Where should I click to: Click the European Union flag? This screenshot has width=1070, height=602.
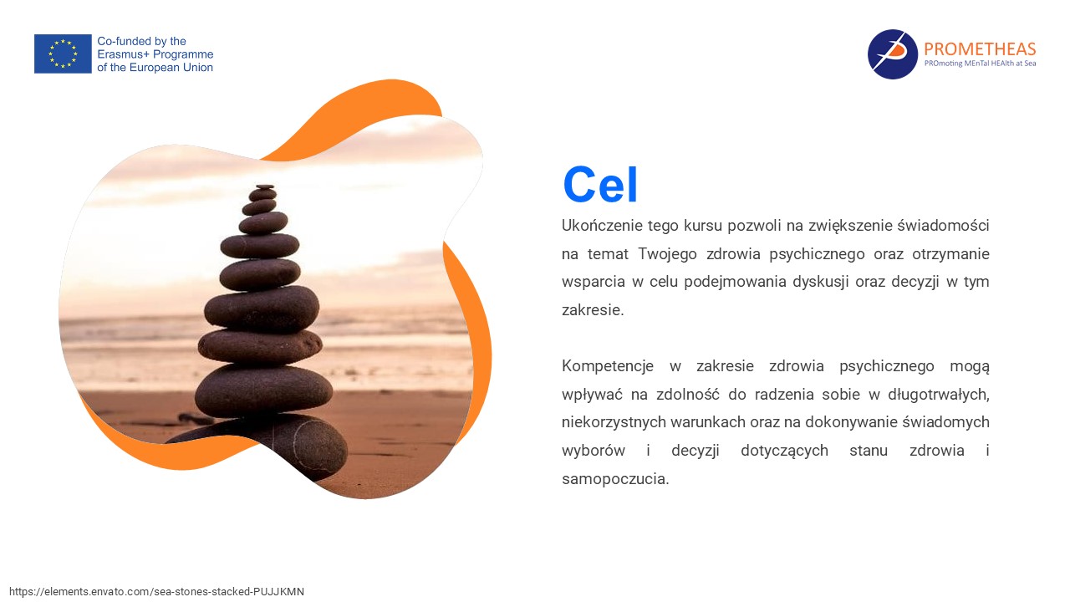[63, 54]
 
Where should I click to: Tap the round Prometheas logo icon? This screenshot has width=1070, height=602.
[892, 54]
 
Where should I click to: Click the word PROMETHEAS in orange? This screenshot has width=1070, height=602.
[980, 48]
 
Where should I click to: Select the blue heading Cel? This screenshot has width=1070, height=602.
[600, 185]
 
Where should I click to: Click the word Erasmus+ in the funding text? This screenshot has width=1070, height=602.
[124, 54]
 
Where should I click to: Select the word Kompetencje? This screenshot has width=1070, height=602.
[608, 366]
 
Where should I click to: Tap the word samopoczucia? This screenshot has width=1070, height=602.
[615, 479]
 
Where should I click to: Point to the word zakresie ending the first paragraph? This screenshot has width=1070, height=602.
[593, 310]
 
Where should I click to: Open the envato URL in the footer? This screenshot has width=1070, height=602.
[156, 591]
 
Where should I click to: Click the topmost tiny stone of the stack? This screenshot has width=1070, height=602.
[265, 186]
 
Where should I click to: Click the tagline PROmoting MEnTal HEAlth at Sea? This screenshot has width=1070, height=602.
[981, 63]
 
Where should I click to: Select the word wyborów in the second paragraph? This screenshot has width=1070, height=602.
[594, 451]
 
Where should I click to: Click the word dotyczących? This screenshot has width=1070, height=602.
[784, 451]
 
